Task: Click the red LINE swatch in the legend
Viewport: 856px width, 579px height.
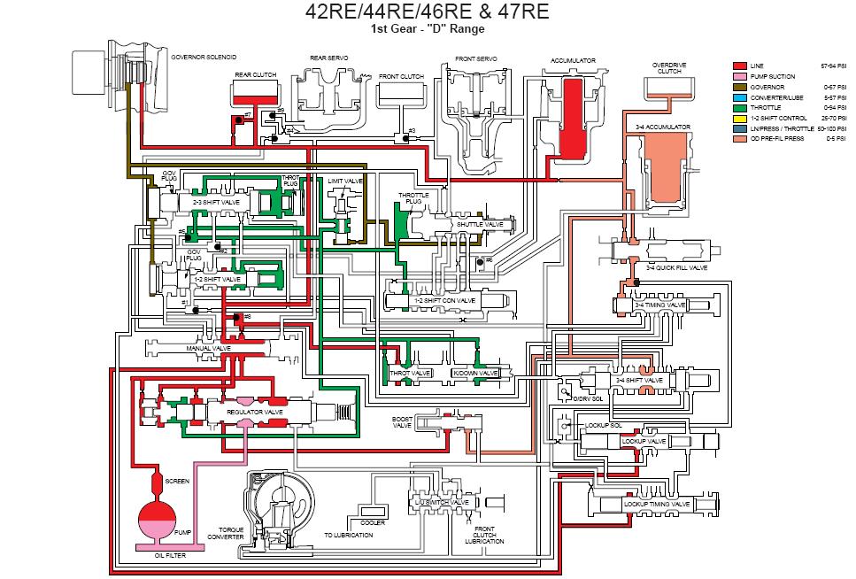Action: [741, 66]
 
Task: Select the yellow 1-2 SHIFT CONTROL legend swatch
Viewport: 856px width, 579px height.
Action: [741, 119]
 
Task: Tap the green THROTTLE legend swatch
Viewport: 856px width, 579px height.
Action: [741, 108]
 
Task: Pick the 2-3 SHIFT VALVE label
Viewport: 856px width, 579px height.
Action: [217, 203]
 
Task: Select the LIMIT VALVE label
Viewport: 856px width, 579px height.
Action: [345, 181]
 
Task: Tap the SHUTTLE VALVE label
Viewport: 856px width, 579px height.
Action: [479, 224]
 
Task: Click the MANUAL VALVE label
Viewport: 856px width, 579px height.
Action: [209, 349]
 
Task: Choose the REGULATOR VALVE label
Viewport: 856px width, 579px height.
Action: [255, 412]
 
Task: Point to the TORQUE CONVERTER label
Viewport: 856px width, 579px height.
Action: [225, 533]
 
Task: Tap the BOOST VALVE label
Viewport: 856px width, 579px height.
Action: [403, 422]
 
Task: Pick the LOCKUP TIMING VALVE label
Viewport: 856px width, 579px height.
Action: [657, 504]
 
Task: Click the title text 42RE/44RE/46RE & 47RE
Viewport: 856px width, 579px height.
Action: [427, 12]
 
